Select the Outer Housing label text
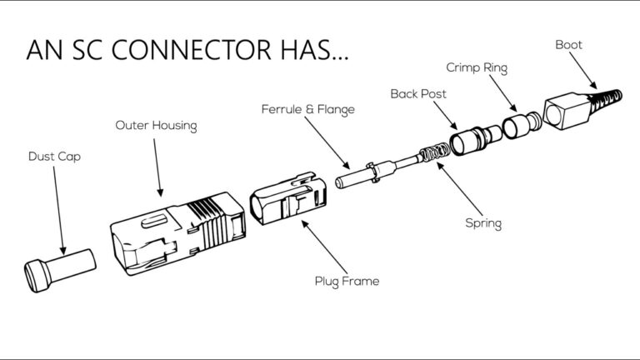click(x=156, y=125)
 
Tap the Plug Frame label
click(x=347, y=281)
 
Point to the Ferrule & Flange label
click(x=307, y=109)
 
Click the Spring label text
click(x=483, y=223)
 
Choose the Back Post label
click(x=418, y=93)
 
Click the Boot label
click(x=569, y=44)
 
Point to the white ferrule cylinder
click(x=353, y=179)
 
